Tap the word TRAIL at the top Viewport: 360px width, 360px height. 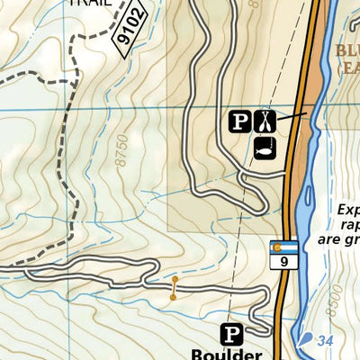90,3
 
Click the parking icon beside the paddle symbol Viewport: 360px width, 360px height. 238,121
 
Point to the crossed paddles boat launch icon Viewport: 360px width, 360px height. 263,121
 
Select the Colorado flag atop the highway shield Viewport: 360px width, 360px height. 283,247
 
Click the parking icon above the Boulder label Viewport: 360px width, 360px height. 232,335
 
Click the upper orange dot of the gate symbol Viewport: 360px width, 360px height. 174,281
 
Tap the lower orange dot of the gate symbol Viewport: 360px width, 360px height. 174,296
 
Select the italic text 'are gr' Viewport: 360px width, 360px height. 338,240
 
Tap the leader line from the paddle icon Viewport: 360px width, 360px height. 290,116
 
